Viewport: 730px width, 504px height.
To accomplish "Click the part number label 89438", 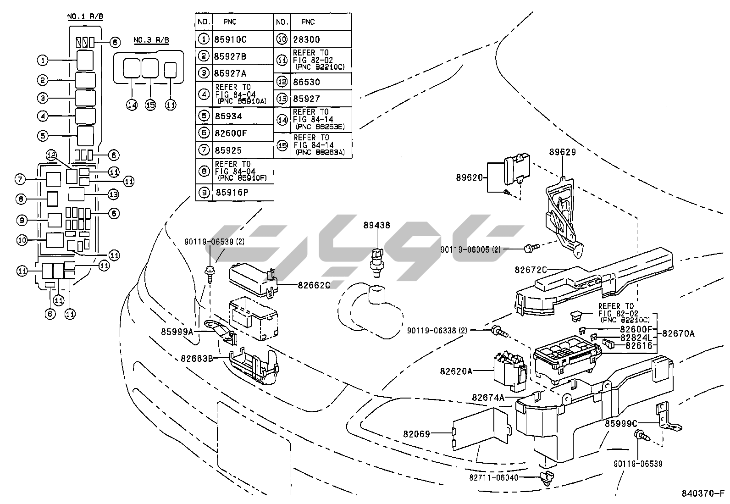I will (x=376, y=225).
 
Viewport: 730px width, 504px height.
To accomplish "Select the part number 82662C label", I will (x=314, y=285).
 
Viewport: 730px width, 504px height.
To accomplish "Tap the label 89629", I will (x=562, y=152).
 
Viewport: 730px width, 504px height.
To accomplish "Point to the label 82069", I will (x=416, y=433).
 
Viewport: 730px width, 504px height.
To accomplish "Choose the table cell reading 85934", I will (x=228, y=116).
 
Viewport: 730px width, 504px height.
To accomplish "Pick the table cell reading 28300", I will (x=307, y=39).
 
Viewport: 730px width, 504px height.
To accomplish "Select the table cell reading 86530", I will (x=307, y=82).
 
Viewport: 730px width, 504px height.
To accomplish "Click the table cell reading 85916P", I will (x=232, y=192).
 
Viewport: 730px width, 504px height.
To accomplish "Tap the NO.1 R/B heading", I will (x=85, y=17).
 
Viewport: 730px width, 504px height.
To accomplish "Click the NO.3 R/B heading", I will (x=151, y=40).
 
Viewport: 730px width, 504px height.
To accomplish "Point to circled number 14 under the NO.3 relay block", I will (x=132, y=105).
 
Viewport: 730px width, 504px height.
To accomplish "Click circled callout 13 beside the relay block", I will (x=113, y=194).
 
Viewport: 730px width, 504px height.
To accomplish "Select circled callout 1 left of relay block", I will (x=42, y=60).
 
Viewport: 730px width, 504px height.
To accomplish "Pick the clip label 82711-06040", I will (x=493, y=477).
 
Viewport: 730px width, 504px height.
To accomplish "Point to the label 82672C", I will (x=531, y=270).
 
